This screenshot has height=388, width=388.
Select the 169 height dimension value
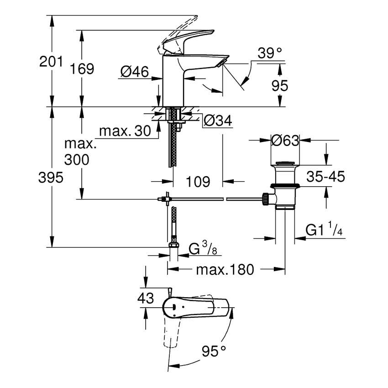[83, 69]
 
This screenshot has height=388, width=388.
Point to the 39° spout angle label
[269, 53]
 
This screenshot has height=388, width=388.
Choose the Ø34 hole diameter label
[217, 121]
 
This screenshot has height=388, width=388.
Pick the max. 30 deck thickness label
[125, 131]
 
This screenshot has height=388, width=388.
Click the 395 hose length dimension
[51, 178]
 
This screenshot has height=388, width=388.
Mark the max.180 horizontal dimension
[224, 270]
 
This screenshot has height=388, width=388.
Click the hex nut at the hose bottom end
[173, 245]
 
